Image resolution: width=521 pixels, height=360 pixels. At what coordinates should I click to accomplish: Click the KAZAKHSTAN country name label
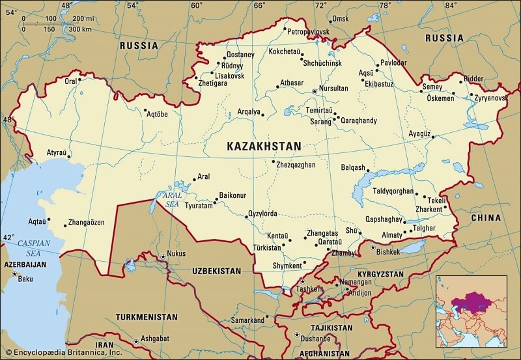click(264, 146)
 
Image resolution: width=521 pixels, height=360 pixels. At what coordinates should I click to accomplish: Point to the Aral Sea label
click(172, 200)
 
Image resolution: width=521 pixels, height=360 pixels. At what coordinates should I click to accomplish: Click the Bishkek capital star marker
click(373, 247)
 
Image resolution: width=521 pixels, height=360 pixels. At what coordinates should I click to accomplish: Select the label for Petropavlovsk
click(309, 31)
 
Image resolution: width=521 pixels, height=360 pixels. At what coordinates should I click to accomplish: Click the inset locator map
click(471, 311)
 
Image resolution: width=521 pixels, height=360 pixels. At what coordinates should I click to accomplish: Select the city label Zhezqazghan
click(297, 165)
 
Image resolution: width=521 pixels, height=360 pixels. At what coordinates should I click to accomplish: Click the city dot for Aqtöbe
click(145, 111)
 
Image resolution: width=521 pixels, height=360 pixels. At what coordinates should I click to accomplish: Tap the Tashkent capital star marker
click(302, 281)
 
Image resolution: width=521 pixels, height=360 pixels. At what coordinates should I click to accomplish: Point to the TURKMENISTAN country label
click(147, 317)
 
